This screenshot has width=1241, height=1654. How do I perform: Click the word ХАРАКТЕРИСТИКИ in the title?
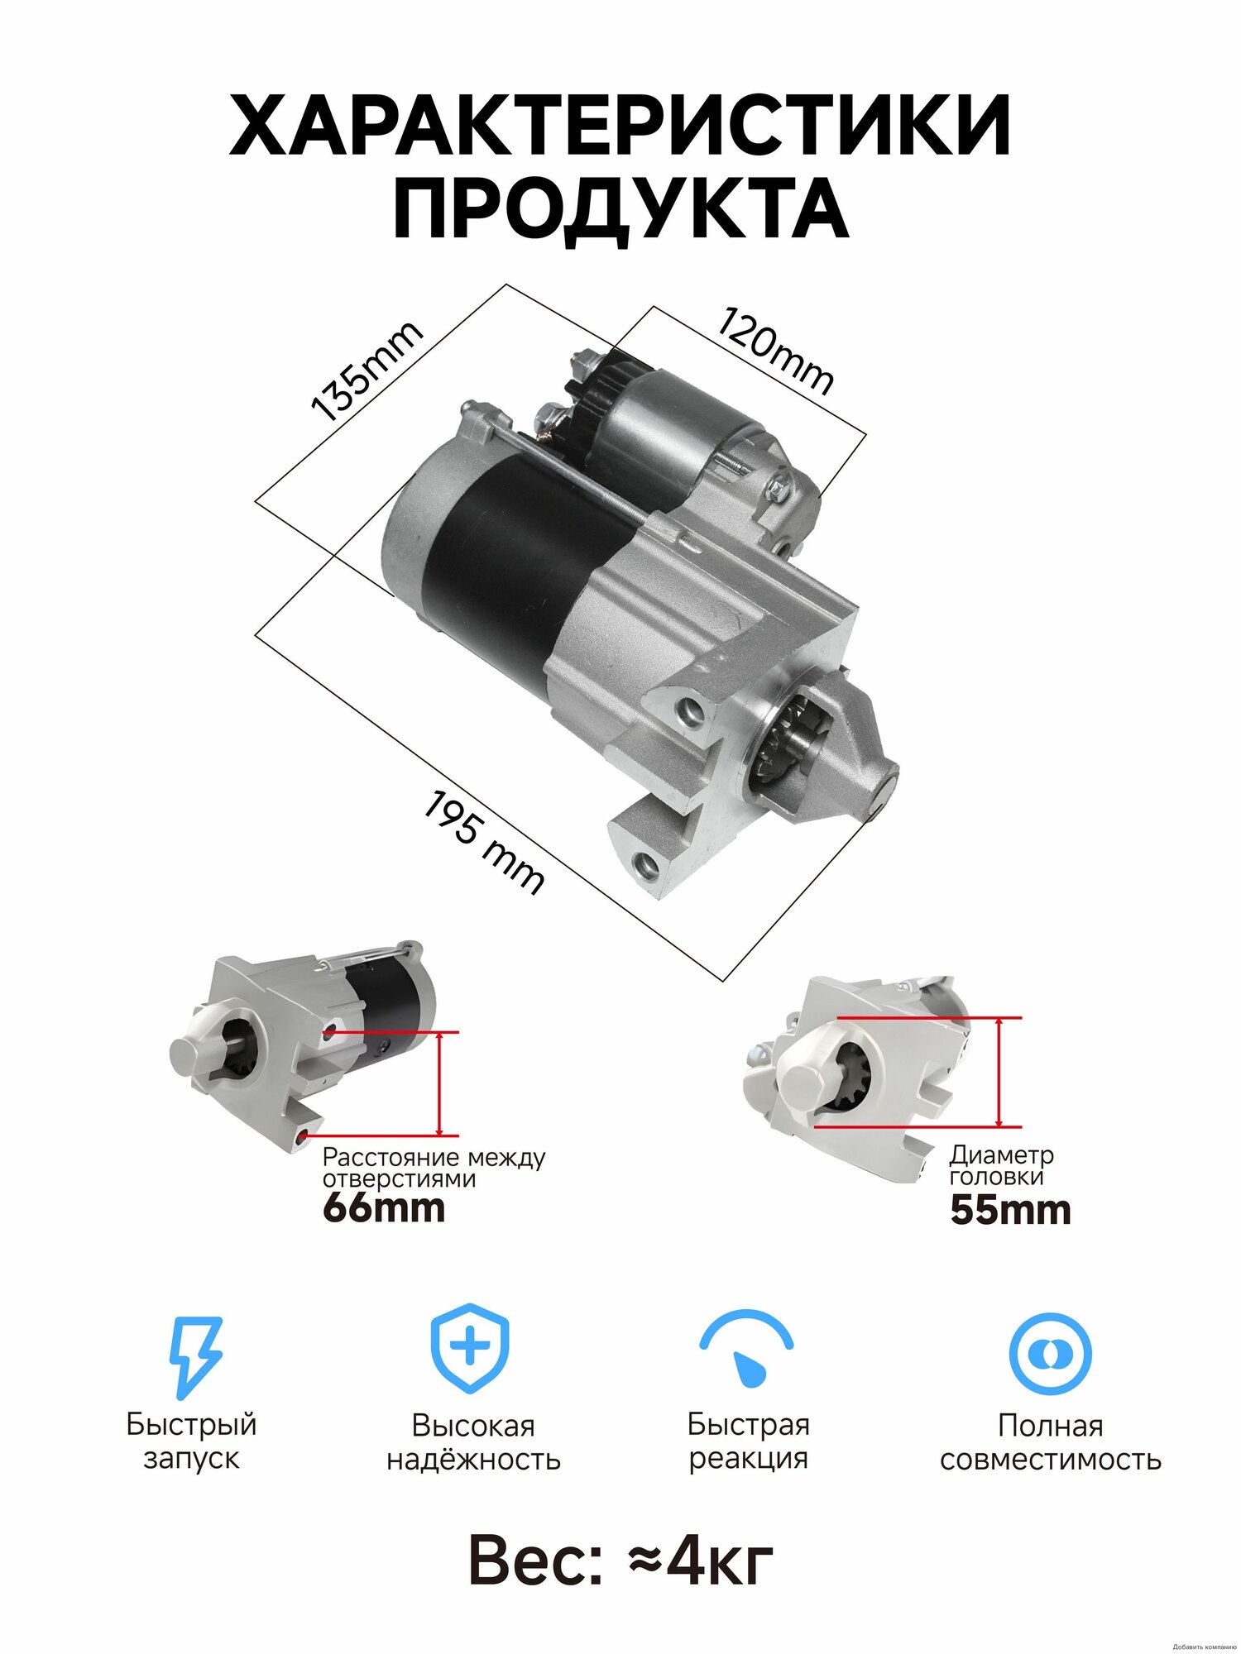620,126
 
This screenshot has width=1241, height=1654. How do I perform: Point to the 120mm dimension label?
774,351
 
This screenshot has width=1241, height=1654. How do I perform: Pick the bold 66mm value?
384,1208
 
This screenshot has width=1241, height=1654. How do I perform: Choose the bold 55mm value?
1010,1210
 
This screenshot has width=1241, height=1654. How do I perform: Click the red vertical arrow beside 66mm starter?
439,1083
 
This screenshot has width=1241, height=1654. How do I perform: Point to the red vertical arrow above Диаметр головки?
999,1072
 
